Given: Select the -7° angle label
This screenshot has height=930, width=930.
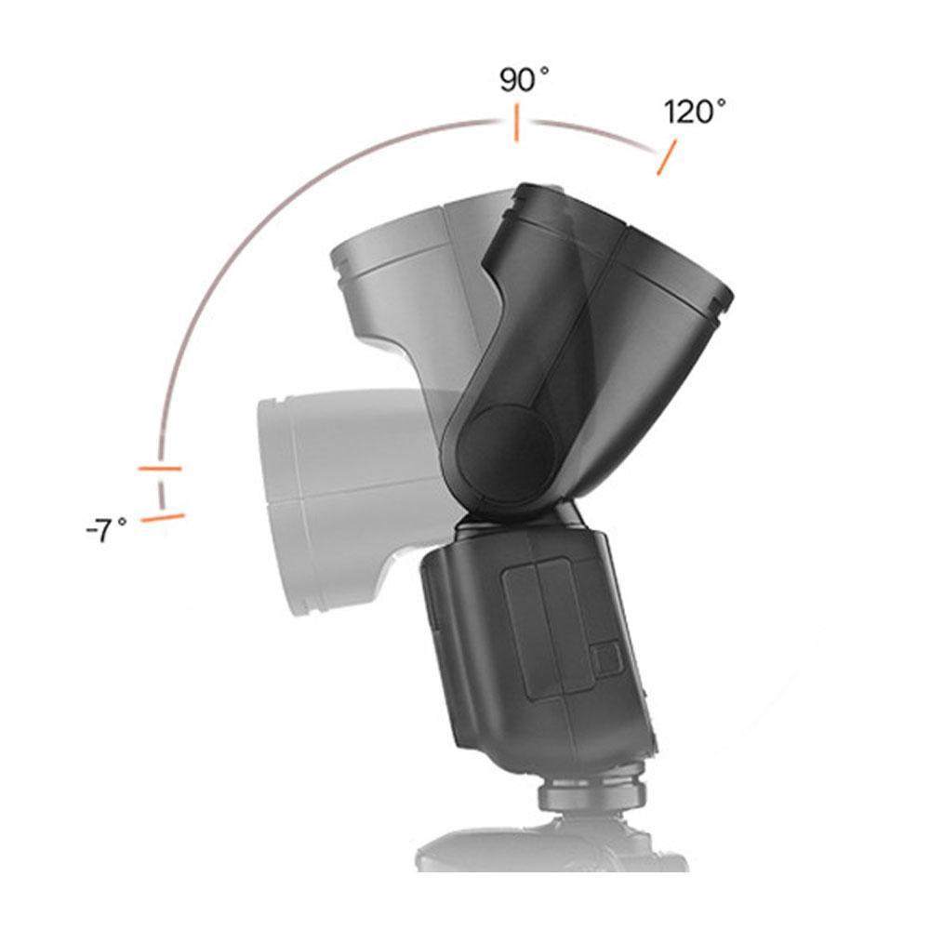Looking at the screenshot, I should coord(106,531).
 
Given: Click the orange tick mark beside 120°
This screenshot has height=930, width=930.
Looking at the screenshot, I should coord(667,157).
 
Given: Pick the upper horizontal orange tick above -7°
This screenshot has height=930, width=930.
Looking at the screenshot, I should coord(159,468).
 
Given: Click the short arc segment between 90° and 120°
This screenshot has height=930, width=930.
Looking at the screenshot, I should coord(595,133).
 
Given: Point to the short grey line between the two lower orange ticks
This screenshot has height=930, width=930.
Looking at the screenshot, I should coord(161,493).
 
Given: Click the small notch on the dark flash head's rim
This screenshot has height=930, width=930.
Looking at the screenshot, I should coord(716,303).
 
